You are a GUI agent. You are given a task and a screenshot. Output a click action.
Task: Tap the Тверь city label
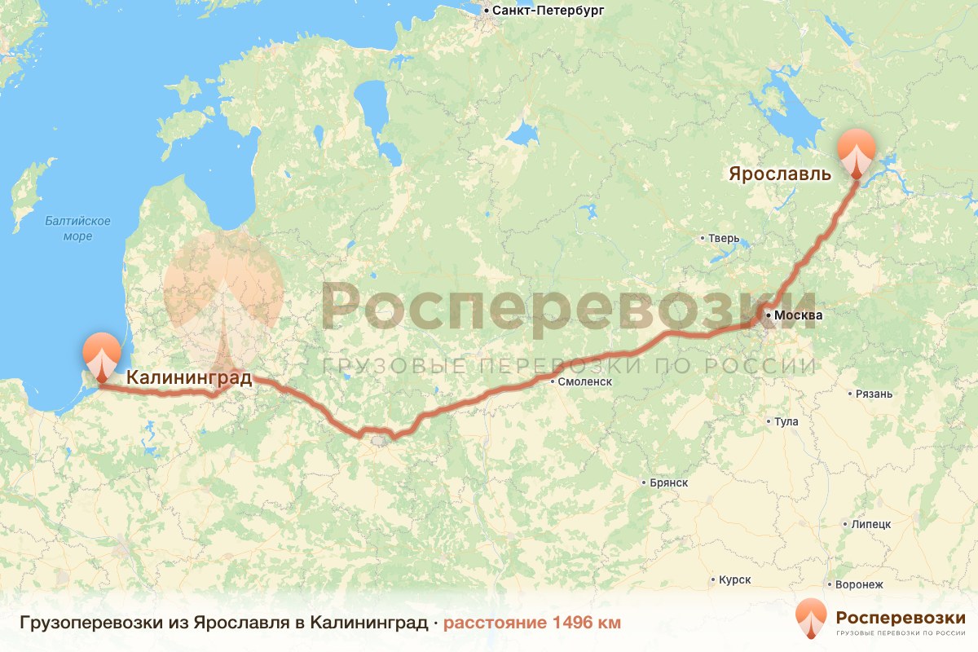click(723, 239)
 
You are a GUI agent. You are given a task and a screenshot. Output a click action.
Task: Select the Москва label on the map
click(799, 315)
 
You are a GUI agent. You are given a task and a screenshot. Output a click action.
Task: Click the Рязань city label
click(874, 394)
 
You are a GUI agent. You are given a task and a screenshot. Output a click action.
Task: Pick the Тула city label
click(786, 422)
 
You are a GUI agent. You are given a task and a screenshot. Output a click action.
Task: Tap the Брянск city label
click(669, 482)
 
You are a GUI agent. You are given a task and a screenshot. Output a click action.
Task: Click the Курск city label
click(734, 580)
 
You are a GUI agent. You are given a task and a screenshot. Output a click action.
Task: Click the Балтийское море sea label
click(77, 228)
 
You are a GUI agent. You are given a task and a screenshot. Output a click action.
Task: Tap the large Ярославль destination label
click(780, 174)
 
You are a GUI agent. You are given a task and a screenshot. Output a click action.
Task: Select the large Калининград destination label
click(189, 377)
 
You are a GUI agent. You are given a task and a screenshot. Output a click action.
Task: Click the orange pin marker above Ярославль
click(857, 150)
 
